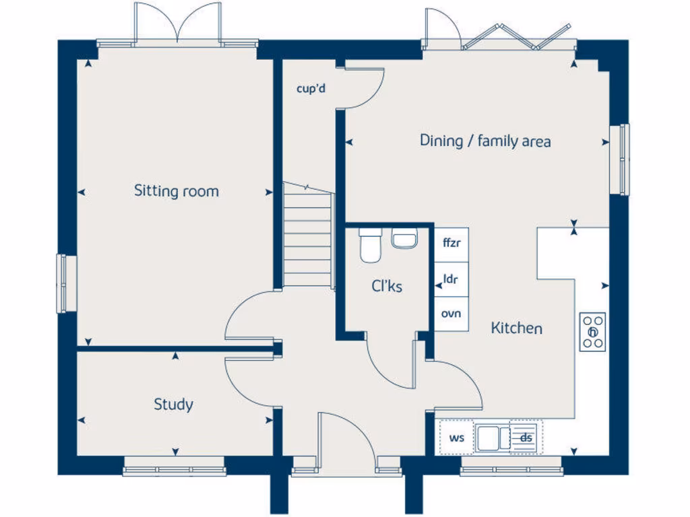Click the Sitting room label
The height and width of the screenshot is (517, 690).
pyautogui.click(x=177, y=191)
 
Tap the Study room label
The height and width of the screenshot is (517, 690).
pyautogui.click(x=173, y=405)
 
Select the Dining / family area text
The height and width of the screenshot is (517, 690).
pyautogui.click(x=485, y=141)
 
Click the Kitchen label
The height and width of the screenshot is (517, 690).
pyautogui.click(x=516, y=329)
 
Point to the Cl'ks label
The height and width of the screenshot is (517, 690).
pyautogui.click(x=387, y=287)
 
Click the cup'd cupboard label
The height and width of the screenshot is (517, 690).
pyautogui.click(x=311, y=88)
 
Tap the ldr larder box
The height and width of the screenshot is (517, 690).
pyautogui.click(x=451, y=279)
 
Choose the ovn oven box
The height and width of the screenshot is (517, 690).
pyautogui.click(x=451, y=314)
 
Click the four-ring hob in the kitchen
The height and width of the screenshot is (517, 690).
pyautogui.click(x=593, y=332)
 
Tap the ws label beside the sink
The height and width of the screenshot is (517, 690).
pyautogui.click(x=457, y=438)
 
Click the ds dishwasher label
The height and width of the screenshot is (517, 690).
pyautogui.click(x=526, y=438)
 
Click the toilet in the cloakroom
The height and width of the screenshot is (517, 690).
pyautogui.click(x=370, y=245)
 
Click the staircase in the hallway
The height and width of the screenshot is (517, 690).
pyautogui.click(x=308, y=236)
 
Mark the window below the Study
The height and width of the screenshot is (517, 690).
pyautogui.click(x=173, y=467)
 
